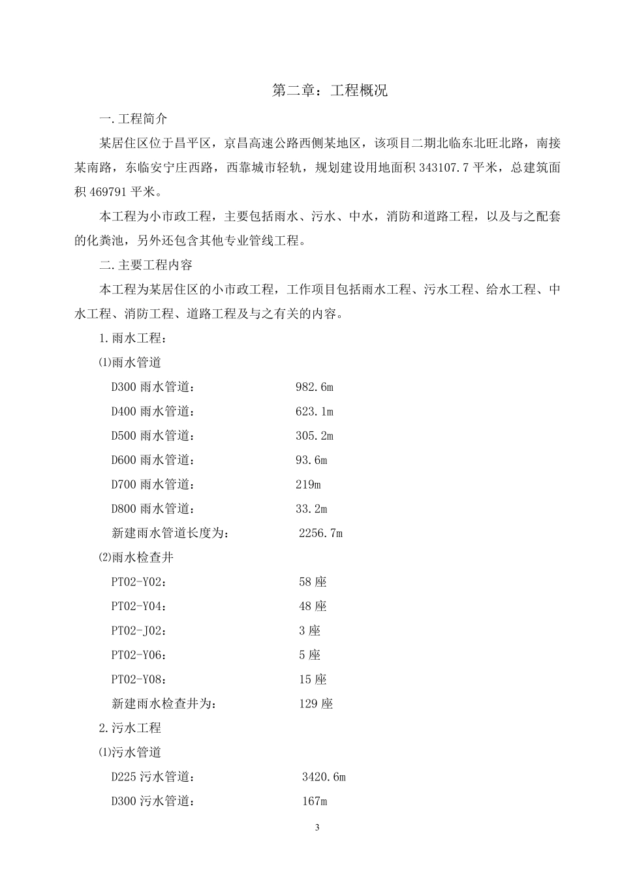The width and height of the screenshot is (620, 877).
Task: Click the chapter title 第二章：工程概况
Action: coord(329,91)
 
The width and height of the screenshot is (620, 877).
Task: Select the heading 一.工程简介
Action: coord(133,119)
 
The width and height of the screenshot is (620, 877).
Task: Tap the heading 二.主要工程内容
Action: coord(146,266)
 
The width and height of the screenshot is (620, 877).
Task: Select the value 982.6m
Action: coord(314,387)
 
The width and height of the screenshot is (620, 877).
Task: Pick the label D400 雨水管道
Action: coord(153,412)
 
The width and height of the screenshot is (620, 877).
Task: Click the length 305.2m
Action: coord(314,436)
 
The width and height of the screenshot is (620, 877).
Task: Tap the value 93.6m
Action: coord(311,460)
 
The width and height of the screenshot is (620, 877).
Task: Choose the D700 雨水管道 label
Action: coord(153,485)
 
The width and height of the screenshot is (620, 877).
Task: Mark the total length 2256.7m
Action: coord(320,533)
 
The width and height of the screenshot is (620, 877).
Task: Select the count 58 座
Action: coord(313,582)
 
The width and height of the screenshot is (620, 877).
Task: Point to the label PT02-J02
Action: coord(138,631)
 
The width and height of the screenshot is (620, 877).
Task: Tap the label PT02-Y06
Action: coord(138,655)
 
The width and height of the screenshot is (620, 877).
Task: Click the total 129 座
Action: coord(316,704)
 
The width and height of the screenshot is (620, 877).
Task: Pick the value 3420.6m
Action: coord(324,777)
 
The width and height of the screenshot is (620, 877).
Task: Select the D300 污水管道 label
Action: coord(153,801)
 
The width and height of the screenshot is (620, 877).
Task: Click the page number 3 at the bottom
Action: coord(317,828)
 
